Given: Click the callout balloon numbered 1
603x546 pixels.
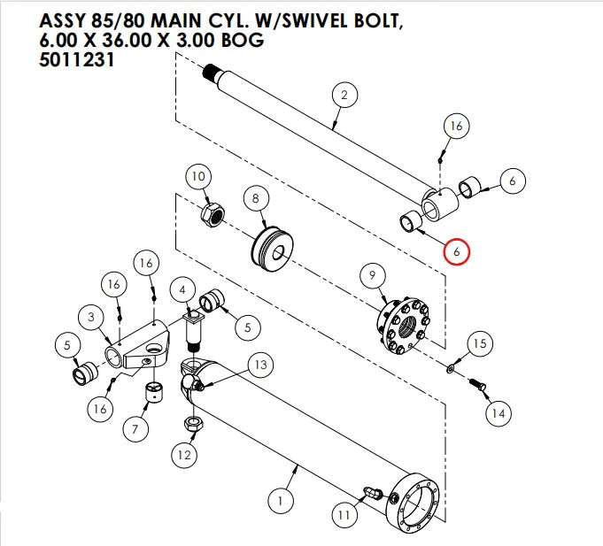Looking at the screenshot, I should coord(280,502).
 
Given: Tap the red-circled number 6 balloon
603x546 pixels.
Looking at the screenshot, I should coord(458,251).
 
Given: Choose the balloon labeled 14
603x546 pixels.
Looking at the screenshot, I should coord(498,412).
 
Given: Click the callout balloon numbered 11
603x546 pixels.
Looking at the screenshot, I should coord(343,512).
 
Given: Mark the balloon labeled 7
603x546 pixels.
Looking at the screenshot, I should coord(135,430).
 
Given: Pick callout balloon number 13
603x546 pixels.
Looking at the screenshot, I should coord(259,365).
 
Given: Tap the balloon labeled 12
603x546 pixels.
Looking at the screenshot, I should coord(183,456).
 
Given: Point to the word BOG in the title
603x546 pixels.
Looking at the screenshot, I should coord(240,42).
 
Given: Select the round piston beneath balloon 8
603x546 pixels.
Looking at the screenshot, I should coord(275,248).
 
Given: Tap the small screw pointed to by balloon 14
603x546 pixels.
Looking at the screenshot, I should coord(477,386).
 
